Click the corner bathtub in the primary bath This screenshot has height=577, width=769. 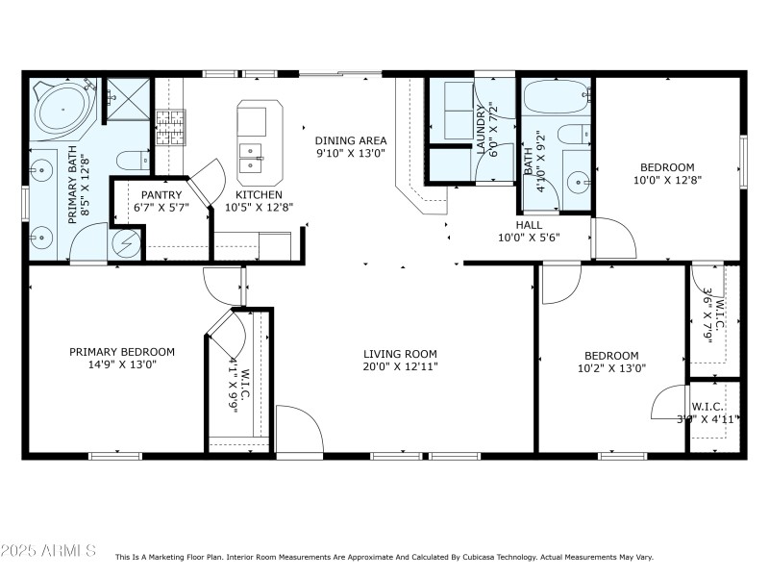tap(61, 108)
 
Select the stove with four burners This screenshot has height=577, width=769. tap(169, 127)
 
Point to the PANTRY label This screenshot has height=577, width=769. tap(161, 194)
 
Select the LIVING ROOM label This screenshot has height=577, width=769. tap(400, 353)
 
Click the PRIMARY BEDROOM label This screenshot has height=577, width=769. tap(122, 352)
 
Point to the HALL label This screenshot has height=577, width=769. tap(529, 225)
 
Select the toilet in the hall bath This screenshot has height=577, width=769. tap(572, 134)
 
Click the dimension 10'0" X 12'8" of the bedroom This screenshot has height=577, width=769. tap(668, 180)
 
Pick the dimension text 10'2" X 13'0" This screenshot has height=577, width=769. tap(611, 367)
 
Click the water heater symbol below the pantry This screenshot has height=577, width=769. tap(128, 242)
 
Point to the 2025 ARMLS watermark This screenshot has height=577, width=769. tap(48, 551)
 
